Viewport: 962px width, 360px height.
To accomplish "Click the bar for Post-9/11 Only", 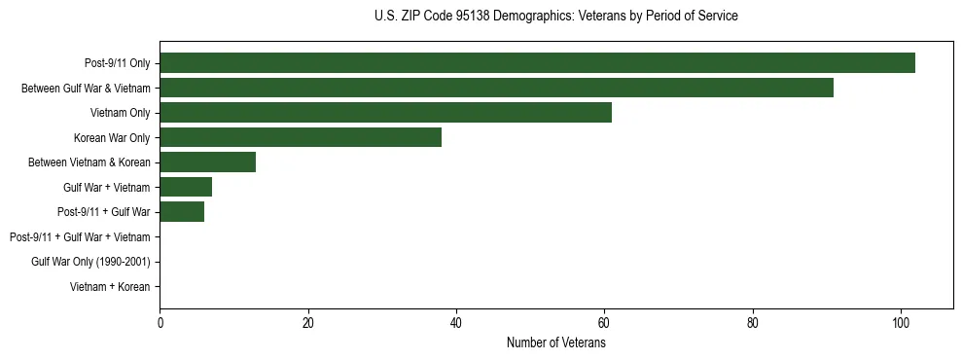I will [x=537, y=63].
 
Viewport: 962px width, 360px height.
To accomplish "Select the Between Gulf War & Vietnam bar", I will [x=496, y=88].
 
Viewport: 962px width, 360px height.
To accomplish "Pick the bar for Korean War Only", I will [x=301, y=137].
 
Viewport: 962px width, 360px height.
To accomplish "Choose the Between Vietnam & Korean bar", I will [x=207, y=162].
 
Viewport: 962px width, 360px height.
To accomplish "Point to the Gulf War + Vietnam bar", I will [x=186, y=187].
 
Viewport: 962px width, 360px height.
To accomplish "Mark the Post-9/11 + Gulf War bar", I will [x=182, y=212].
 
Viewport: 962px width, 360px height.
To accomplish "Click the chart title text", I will [x=555, y=17].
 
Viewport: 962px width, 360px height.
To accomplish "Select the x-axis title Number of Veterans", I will [x=555, y=343].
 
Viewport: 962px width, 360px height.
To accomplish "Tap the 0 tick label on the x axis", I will [x=160, y=323].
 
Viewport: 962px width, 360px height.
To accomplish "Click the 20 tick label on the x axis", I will [x=308, y=323].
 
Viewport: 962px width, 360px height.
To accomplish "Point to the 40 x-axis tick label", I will [x=456, y=323].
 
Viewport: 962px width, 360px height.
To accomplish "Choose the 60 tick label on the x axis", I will [x=604, y=323].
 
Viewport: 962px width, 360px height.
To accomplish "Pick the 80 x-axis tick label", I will [x=753, y=323].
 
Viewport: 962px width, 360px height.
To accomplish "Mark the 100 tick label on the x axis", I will [x=901, y=323].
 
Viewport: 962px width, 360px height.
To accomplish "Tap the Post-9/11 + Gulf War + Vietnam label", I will [x=80, y=237].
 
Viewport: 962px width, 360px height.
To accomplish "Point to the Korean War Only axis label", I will [x=112, y=138].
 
